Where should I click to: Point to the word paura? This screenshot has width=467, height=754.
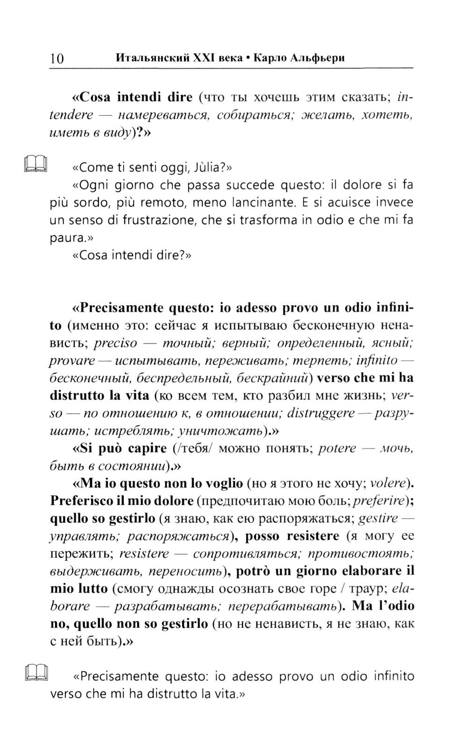67,237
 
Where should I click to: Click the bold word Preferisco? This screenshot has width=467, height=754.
81,501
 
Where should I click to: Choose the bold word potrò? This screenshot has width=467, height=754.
252,571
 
